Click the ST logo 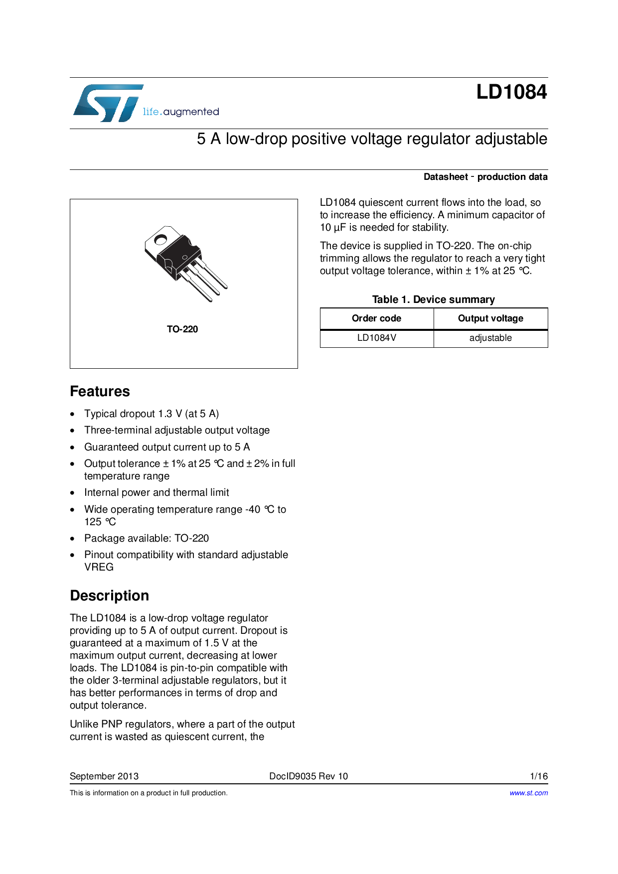click(107, 103)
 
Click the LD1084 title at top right click(511, 92)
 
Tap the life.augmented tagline click(181, 112)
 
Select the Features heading click(100, 392)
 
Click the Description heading click(109, 596)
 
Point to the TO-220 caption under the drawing click(182, 329)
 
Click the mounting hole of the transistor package click(160, 240)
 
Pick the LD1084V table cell click(377, 338)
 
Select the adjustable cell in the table click(490, 338)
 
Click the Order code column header click(376, 318)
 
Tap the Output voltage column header click(490, 318)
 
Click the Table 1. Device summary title click(433, 299)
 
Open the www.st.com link click(528, 793)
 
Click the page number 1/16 click(539, 776)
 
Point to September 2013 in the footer click(104, 776)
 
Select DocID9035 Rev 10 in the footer click(309, 776)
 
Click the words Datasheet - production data click(485, 177)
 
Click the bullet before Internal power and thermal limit click(73, 493)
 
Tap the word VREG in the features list click(99, 567)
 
